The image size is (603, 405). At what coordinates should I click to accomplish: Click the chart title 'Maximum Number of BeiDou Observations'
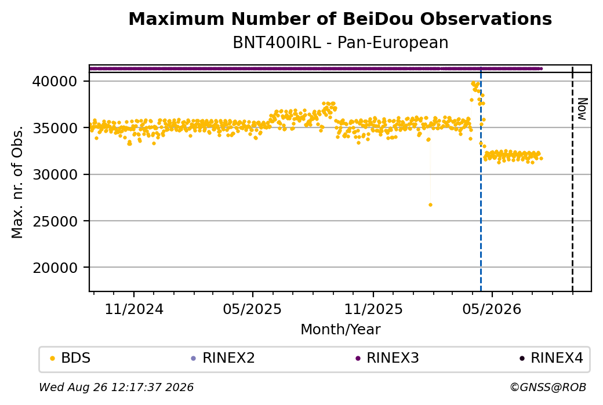click(x=340, y=19)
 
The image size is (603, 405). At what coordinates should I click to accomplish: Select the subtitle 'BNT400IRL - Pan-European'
click(x=340, y=42)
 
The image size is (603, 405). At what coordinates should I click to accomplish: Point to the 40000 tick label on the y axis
click(x=55, y=82)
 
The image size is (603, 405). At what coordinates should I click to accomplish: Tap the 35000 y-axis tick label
click(x=55, y=128)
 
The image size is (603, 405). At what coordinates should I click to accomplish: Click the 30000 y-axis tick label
click(x=55, y=174)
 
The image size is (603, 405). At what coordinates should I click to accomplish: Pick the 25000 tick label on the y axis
click(x=55, y=221)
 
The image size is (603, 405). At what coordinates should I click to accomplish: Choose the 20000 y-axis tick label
click(x=55, y=268)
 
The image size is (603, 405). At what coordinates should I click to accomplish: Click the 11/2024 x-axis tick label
click(x=134, y=309)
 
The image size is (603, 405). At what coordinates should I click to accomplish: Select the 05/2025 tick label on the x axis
click(x=252, y=309)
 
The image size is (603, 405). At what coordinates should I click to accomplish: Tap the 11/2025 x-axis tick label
click(x=373, y=309)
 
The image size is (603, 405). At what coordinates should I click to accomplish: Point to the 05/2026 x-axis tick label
click(x=492, y=309)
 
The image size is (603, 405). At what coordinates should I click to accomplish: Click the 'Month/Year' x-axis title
click(x=340, y=329)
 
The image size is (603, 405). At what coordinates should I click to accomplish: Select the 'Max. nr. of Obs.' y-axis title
click(x=17, y=182)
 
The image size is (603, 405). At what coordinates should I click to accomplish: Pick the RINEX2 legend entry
click(x=223, y=358)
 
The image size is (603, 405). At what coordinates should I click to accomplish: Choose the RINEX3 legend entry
click(x=387, y=358)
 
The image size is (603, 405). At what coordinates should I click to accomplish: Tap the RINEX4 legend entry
click(x=551, y=358)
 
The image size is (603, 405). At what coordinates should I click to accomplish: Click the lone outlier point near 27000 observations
click(x=430, y=205)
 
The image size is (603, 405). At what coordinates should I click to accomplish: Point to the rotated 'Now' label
click(x=583, y=109)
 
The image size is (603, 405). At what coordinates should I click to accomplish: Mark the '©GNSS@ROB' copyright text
click(x=548, y=387)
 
